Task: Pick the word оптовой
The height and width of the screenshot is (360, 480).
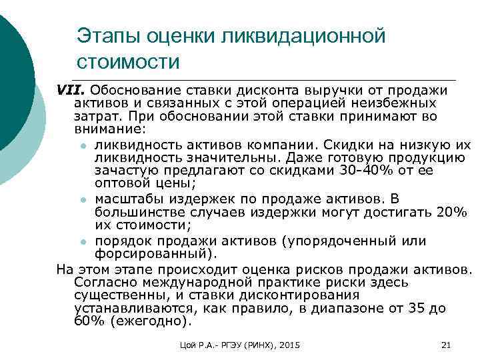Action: [116, 183]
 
